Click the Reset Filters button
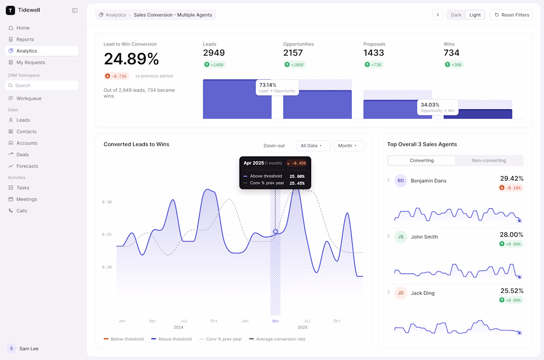[x=511, y=15]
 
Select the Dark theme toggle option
[x=456, y=15]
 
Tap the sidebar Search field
[x=42, y=86]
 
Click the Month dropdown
[x=349, y=146]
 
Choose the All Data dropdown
[x=313, y=146]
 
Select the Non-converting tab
[x=489, y=160]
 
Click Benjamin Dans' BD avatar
[x=401, y=180]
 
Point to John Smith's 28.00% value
[x=511, y=235]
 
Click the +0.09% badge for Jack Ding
[x=511, y=300]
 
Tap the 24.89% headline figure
[x=131, y=59]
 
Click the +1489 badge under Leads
[x=215, y=64]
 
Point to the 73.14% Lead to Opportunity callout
[x=277, y=88]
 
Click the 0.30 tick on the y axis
[x=107, y=202]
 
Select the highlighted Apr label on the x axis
[x=275, y=321]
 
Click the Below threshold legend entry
[x=124, y=339]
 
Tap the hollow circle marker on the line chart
[x=275, y=231]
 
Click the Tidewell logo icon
[x=10, y=10]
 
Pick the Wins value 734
[x=452, y=53]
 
